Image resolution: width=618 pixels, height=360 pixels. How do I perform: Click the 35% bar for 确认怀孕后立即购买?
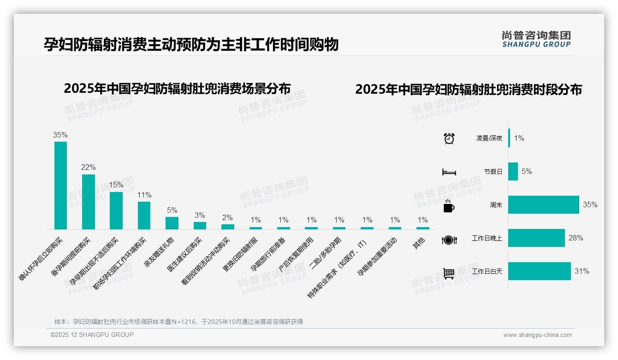click(x=60, y=185)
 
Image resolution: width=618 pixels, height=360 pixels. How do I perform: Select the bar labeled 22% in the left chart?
click(x=89, y=202)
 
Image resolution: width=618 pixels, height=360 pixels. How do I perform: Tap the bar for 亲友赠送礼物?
click(x=172, y=223)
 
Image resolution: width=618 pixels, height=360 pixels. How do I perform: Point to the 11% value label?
click(x=144, y=195)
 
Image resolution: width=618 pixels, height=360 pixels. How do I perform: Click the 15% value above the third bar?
click(x=116, y=185)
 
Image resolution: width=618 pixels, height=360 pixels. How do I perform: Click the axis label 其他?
click(x=419, y=244)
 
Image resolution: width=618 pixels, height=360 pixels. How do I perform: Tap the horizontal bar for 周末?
click(x=543, y=205)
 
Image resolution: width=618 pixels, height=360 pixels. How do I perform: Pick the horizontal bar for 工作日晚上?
click(x=536, y=238)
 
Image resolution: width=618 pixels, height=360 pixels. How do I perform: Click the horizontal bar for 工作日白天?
click(x=540, y=271)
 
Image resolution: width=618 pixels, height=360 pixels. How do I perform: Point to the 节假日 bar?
click(x=513, y=172)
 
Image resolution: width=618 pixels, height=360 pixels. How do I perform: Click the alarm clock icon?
click(x=449, y=138)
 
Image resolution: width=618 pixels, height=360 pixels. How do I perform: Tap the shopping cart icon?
click(x=449, y=273)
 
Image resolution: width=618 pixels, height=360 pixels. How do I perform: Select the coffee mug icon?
click(x=449, y=206)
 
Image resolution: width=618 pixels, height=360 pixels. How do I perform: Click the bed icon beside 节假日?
click(x=449, y=172)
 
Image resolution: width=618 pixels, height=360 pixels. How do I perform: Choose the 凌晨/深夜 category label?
click(x=489, y=138)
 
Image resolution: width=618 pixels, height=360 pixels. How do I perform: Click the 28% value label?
click(x=576, y=238)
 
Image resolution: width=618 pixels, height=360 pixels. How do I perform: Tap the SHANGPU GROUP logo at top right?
click(x=536, y=39)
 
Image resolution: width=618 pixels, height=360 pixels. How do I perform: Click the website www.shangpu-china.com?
click(x=537, y=335)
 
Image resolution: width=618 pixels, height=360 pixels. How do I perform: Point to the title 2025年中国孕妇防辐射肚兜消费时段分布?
click(x=468, y=90)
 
